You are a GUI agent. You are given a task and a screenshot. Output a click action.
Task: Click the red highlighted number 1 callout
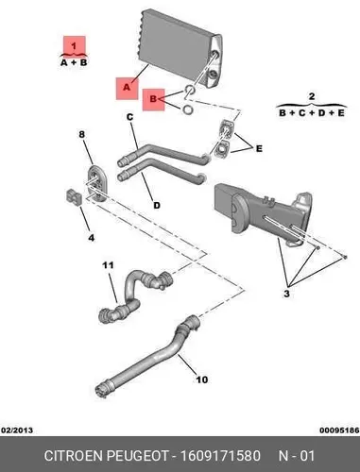(x=75, y=46)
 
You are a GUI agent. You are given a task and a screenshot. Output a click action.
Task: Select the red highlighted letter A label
(x=127, y=88)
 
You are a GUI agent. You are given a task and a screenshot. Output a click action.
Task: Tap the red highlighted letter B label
(x=153, y=100)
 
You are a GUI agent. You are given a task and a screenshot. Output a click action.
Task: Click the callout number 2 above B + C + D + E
(x=312, y=96)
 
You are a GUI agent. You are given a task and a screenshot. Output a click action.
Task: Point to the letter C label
(x=130, y=117)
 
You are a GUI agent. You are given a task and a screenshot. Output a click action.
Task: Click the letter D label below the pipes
(x=157, y=206)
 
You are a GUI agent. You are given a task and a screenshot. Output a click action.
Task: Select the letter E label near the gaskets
(x=259, y=148)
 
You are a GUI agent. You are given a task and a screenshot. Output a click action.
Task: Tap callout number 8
(x=82, y=134)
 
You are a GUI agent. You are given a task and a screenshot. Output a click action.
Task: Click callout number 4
(x=91, y=238)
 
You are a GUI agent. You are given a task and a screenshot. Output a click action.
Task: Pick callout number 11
(x=108, y=265)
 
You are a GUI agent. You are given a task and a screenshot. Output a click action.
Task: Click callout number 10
(x=201, y=379)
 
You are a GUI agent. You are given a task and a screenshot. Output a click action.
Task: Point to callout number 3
(x=286, y=294)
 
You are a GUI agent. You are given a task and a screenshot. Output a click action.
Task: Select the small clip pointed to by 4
(x=74, y=197)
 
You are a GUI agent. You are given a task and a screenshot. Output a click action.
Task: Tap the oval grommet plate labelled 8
(x=96, y=183)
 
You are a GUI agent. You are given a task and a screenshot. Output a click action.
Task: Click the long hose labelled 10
(x=149, y=357)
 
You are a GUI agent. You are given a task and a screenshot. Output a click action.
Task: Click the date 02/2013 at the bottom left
(x=18, y=430)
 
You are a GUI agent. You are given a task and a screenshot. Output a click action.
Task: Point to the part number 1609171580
(x=220, y=456)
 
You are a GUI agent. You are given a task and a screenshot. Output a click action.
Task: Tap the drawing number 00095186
(x=339, y=430)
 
